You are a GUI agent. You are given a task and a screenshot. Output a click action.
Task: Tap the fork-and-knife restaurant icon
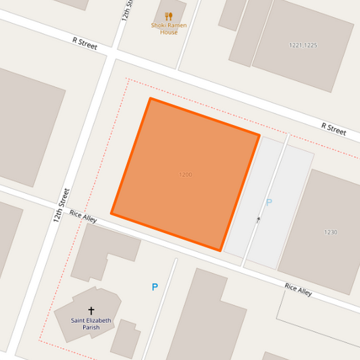click(x=169, y=16)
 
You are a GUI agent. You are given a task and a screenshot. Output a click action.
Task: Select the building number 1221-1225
click(x=303, y=45)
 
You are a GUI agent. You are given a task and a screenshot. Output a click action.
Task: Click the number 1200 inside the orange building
click(x=185, y=175)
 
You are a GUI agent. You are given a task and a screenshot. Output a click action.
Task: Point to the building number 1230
click(x=330, y=232)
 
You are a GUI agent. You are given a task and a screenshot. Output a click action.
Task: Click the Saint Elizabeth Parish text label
click(x=91, y=324)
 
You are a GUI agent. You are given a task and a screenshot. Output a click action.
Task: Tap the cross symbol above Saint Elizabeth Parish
click(x=91, y=311)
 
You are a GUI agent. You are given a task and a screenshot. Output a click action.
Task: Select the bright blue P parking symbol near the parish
click(x=155, y=287)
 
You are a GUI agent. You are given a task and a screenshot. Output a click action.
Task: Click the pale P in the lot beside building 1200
click(x=269, y=202)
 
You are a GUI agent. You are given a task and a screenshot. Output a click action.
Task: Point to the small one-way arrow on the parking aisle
click(x=258, y=220)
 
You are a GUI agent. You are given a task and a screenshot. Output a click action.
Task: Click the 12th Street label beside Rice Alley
click(x=61, y=205)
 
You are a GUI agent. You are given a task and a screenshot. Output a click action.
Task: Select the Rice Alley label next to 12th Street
click(x=83, y=216)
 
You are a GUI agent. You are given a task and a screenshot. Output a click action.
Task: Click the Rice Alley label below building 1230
click(x=298, y=290)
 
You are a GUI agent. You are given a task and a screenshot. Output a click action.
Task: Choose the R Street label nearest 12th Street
click(x=85, y=44)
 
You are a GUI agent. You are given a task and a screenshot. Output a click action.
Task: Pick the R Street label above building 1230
click(x=334, y=128)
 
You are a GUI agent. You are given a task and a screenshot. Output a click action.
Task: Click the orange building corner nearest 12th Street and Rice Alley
click(x=112, y=215)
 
